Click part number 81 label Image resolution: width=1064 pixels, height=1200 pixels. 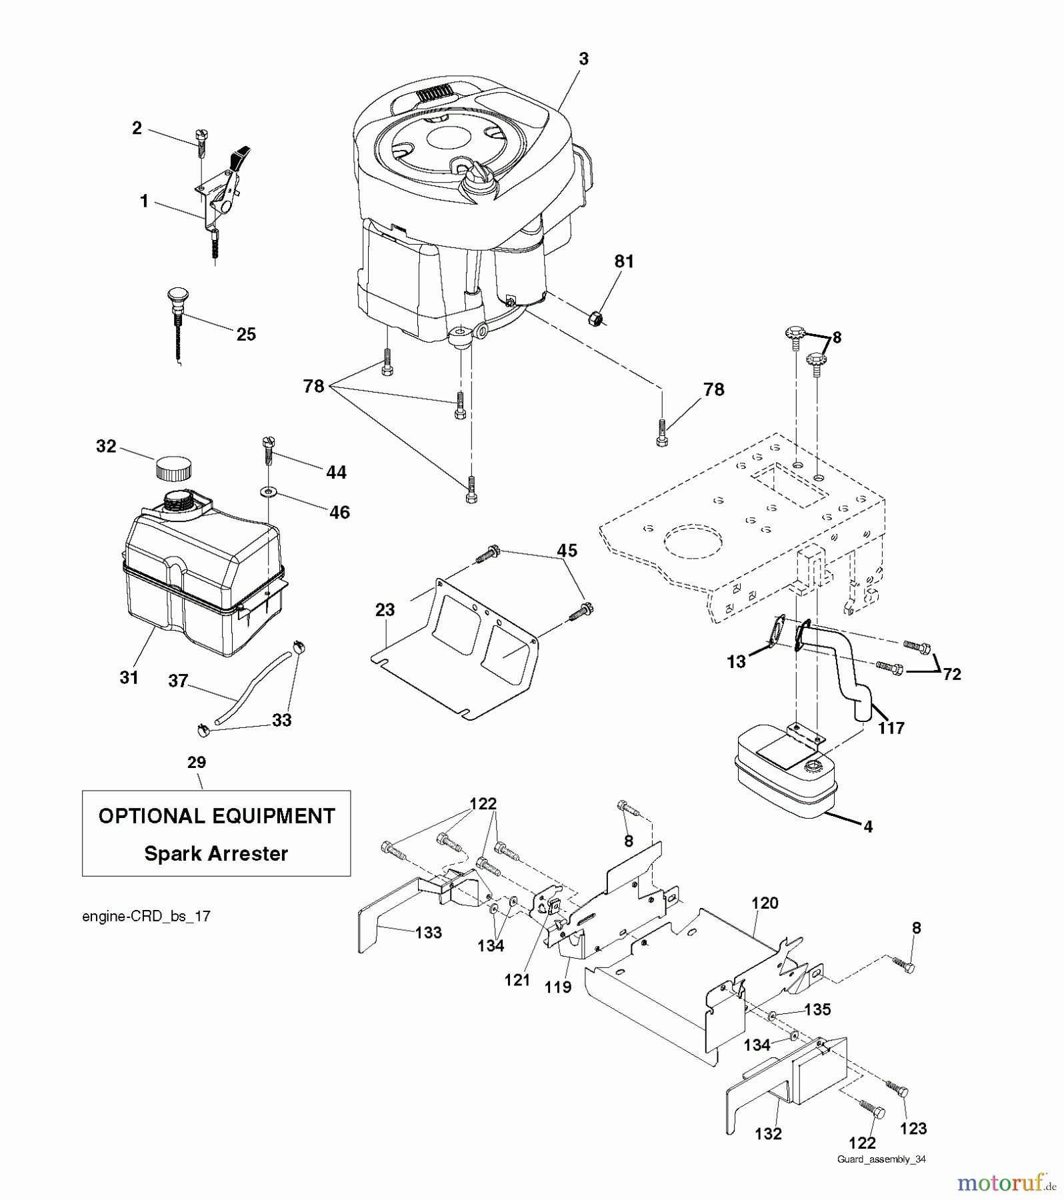tap(624, 261)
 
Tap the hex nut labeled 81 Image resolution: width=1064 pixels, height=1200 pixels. tap(597, 319)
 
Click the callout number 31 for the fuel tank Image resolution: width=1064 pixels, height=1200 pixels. tap(129, 677)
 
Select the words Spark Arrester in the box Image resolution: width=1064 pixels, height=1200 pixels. tap(216, 854)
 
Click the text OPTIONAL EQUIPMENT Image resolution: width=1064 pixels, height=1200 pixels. tap(216, 816)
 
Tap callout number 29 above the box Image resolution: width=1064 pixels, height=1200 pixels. tap(197, 762)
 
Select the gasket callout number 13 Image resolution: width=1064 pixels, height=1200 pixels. tap(736, 663)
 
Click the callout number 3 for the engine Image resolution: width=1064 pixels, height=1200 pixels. tap(583, 59)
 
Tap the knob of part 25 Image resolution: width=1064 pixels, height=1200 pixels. tap(177, 295)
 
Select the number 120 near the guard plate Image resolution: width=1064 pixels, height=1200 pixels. tap(765, 903)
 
